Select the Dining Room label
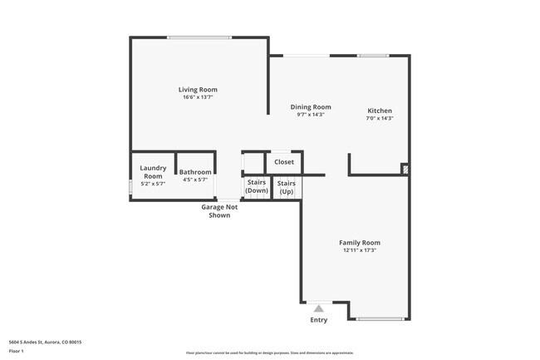pyautogui.click(x=311, y=106)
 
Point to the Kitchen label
pyautogui.click(x=380, y=111)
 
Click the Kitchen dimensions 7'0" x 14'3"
pyautogui.click(x=380, y=119)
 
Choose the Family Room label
pyautogui.click(x=360, y=242)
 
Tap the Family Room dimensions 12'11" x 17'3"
pyautogui.click(x=360, y=250)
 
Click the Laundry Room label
pyautogui.click(x=153, y=171)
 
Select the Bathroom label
pyautogui.click(x=195, y=172)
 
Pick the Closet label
pyautogui.click(x=284, y=162)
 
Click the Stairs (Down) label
pyautogui.click(x=256, y=186)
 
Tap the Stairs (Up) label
pyautogui.click(x=286, y=187)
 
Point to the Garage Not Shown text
pyautogui.click(x=219, y=210)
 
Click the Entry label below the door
pyautogui.click(x=318, y=320)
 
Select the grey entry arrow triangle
pyautogui.click(x=318, y=308)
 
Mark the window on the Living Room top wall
pyautogui.click(x=199, y=37)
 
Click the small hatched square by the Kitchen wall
pyautogui.click(x=405, y=169)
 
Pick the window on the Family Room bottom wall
pyautogui.click(x=380, y=318)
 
